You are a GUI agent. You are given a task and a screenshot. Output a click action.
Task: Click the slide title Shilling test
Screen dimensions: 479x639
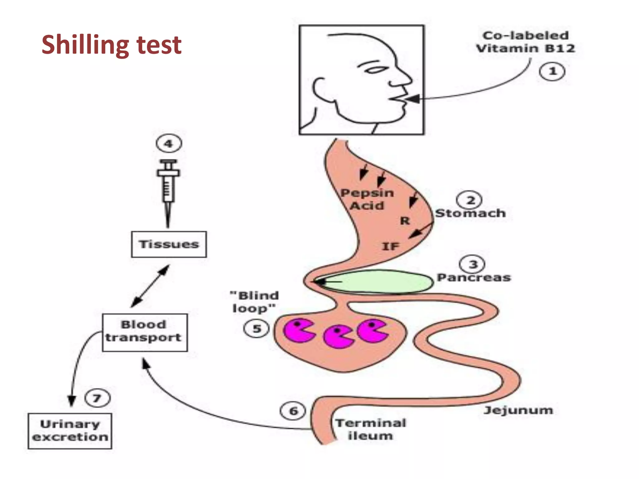[x=111, y=45]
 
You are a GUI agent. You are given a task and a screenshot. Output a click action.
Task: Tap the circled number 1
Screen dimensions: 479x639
[x=552, y=71]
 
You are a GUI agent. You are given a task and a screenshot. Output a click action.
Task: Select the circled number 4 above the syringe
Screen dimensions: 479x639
[x=168, y=144]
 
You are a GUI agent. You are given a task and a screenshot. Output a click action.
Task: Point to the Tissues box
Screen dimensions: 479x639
[x=169, y=244]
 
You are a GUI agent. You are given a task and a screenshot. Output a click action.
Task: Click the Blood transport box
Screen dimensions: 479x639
[x=145, y=332]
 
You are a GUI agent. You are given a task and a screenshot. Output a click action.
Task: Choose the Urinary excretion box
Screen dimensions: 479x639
[x=70, y=431]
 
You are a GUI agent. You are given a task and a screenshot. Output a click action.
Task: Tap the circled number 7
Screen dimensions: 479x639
[x=97, y=398]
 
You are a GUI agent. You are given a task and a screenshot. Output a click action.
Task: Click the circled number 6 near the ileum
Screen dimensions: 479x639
[x=293, y=411]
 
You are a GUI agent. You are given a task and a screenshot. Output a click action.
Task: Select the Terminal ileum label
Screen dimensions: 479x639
[x=371, y=429]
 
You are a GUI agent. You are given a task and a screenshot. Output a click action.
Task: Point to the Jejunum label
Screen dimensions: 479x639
[x=518, y=410]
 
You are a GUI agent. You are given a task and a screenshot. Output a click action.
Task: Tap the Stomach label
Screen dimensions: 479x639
[x=470, y=213]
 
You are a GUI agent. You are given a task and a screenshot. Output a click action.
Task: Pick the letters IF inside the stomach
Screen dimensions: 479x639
[x=391, y=246]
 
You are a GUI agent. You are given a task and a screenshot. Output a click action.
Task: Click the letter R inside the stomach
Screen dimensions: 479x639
[x=405, y=221]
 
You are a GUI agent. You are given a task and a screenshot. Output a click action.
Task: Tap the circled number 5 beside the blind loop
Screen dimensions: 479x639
[x=256, y=329]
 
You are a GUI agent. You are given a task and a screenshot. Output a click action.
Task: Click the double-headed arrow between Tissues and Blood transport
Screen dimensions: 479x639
[x=150, y=286]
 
